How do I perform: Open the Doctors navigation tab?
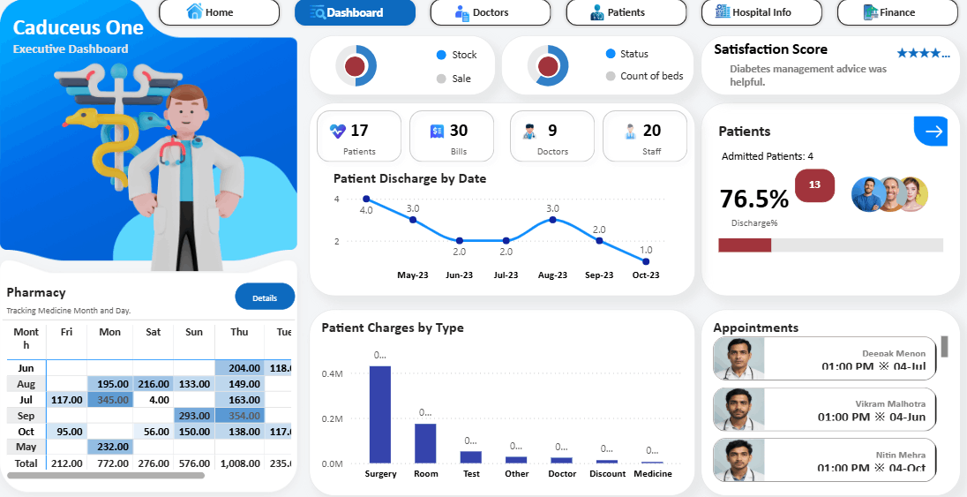pyautogui.click(x=490, y=12)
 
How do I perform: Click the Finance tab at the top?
pyautogui.click(x=896, y=12)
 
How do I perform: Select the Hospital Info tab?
pyautogui.click(x=761, y=12)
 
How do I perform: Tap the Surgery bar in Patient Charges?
pyautogui.click(x=380, y=414)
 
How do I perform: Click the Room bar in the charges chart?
pyautogui.click(x=426, y=443)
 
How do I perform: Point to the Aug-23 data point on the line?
pyautogui.click(x=552, y=219)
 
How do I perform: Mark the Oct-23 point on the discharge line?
pyautogui.click(x=646, y=261)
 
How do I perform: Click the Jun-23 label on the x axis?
pyautogui.click(x=459, y=275)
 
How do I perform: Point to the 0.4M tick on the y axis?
pyautogui.click(x=333, y=373)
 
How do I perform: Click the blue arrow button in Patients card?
pyautogui.click(x=931, y=132)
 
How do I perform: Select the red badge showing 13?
pyautogui.click(x=814, y=184)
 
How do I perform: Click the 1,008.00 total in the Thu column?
pyautogui.click(x=239, y=463)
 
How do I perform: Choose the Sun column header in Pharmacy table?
pyautogui.click(x=193, y=332)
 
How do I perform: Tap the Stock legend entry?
pyautogui.click(x=464, y=55)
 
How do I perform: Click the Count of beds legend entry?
pyautogui.click(x=651, y=76)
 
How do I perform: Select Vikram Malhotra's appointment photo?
pyautogui.click(x=738, y=409)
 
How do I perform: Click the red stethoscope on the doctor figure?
pyautogui.click(x=171, y=150)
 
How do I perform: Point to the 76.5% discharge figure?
pyautogui.click(x=753, y=199)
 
